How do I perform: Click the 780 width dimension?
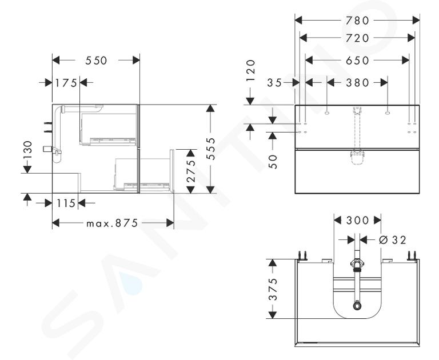click(357, 21)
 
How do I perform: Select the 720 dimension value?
click(357, 38)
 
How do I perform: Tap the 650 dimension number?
click(357, 61)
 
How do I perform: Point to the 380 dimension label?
click(357, 83)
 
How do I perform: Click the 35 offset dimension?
click(274, 83)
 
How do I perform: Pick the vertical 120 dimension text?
click(251, 71)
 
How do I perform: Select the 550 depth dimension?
click(96, 61)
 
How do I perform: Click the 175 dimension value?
click(66, 83)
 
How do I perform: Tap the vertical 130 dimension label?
click(27, 150)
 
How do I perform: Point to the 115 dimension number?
click(66, 203)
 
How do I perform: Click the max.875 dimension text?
click(112, 223)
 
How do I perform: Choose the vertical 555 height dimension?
click(211, 149)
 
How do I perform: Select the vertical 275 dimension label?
click(191, 171)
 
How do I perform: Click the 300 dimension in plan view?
click(357, 221)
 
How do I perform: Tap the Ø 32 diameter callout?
click(392, 240)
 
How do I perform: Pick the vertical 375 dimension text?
click(273, 289)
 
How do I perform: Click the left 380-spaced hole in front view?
click(327, 113)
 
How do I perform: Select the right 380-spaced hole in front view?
click(388, 113)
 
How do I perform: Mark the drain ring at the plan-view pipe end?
click(357, 305)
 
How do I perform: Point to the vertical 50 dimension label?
click(274, 162)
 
